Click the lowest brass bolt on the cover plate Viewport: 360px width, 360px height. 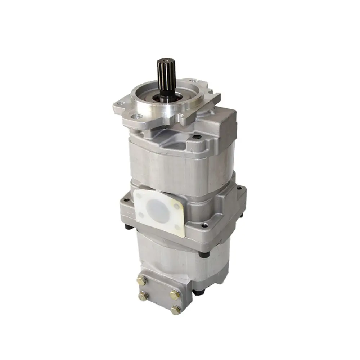pos(176,310)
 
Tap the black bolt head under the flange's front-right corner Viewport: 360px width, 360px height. pos(204,254)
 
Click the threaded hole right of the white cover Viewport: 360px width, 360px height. pos(204,225)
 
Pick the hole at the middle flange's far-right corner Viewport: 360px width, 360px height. pos(238,188)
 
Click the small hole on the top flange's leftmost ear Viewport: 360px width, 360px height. pos(121,103)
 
